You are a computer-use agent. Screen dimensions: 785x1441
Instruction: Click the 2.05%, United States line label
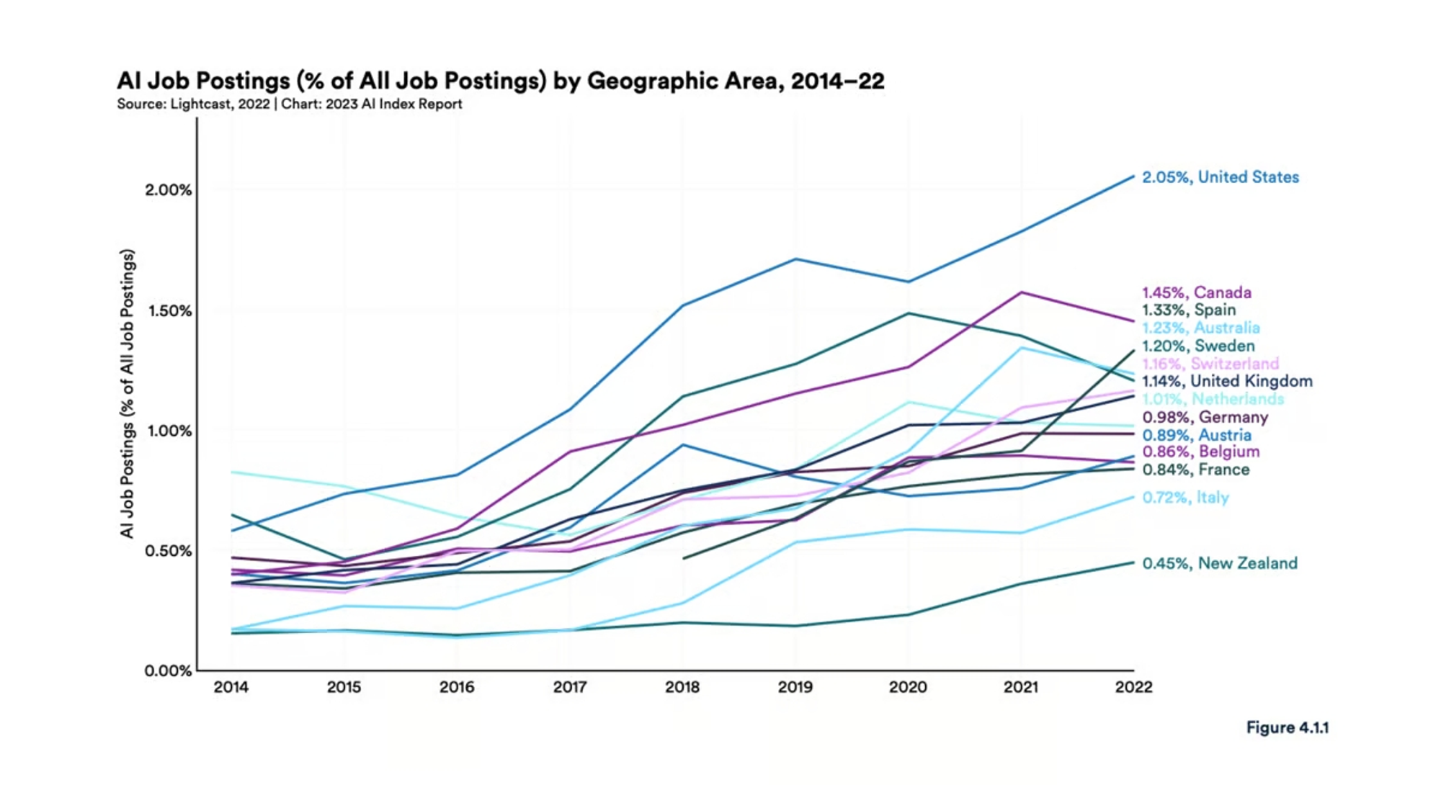(1220, 177)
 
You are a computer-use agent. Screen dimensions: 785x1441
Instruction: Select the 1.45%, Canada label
(1196, 292)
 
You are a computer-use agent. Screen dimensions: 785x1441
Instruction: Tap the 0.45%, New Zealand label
(1219, 563)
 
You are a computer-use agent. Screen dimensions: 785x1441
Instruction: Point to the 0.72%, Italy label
(1185, 498)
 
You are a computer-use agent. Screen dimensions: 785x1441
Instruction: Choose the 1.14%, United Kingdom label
(1227, 381)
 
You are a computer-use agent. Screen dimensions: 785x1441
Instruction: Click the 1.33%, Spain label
(1189, 310)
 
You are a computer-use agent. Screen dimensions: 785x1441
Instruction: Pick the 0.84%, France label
(1195, 470)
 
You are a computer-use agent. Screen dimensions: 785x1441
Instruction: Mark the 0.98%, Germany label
(1205, 417)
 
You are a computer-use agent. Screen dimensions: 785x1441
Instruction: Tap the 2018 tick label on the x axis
(682, 687)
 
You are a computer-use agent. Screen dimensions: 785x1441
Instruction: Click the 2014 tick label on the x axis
(231, 687)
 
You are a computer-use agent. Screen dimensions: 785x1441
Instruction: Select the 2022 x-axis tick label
(1133, 687)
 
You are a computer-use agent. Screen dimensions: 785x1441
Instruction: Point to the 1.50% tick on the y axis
(169, 311)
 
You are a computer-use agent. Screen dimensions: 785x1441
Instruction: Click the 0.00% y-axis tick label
(168, 671)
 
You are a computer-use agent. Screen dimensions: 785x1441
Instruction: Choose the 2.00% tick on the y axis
(168, 190)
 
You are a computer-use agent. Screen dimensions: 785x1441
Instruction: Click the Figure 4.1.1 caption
(1287, 727)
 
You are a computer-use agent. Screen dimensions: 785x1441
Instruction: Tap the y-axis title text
(128, 393)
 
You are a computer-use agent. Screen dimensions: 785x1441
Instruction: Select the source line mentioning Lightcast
(289, 104)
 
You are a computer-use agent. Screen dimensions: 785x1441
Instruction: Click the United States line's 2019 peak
(795, 259)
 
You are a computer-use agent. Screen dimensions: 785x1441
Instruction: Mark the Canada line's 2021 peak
(1021, 292)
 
